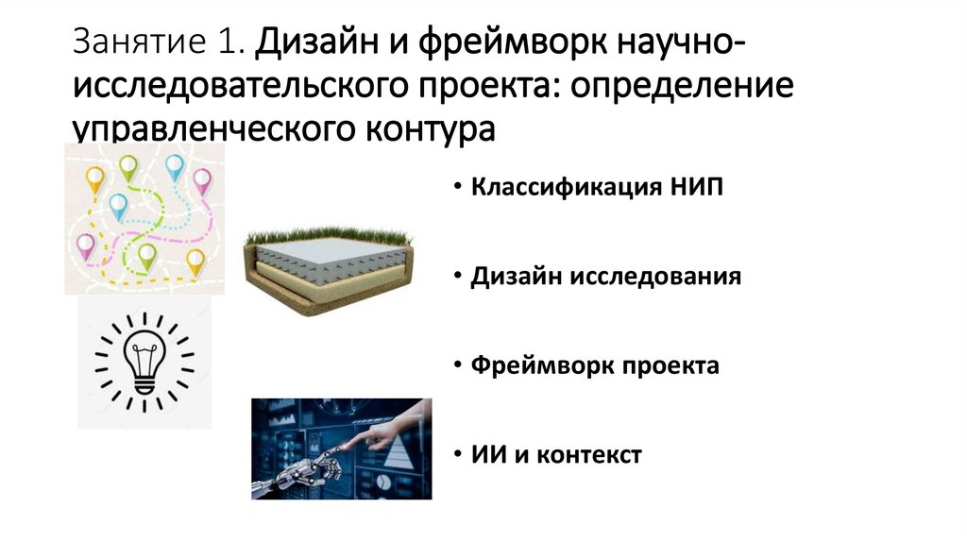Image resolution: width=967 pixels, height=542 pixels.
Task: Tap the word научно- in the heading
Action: (698, 43)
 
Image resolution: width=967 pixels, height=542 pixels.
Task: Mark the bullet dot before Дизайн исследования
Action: (457, 278)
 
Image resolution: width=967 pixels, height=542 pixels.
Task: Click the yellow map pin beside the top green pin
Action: (94, 177)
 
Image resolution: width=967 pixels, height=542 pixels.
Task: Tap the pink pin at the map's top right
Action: (202, 178)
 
